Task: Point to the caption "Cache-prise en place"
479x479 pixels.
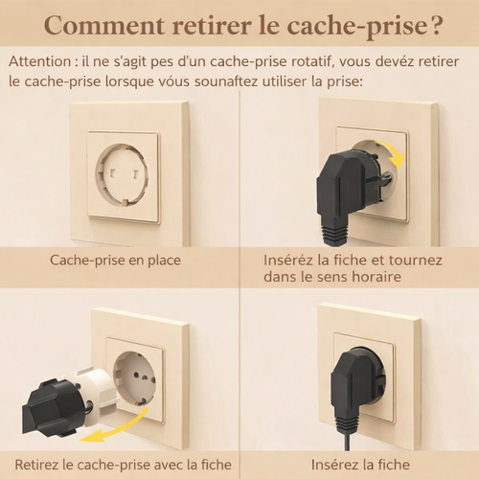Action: point(116,260)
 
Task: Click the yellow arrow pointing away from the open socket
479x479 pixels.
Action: point(110,431)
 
